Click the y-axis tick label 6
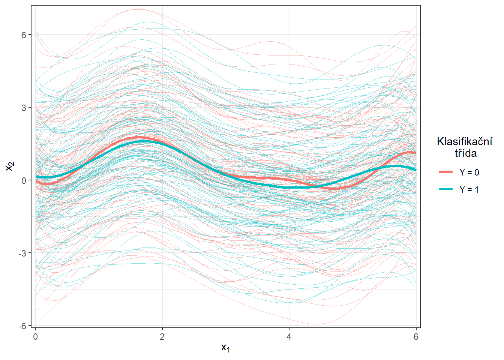[24, 35]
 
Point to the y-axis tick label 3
[24, 108]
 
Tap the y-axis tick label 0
[24, 180]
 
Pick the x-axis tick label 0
[36, 336]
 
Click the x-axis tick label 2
[162, 336]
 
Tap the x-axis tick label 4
[289, 336]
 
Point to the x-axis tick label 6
[416, 336]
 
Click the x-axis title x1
[225, 348]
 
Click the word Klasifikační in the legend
[465, 141]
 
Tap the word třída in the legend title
[466, 153]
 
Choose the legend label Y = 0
[469, 172]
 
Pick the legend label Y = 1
[469, 190]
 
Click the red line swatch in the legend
[446, 172]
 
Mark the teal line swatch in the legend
[446, 189]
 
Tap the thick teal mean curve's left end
[36, 177]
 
